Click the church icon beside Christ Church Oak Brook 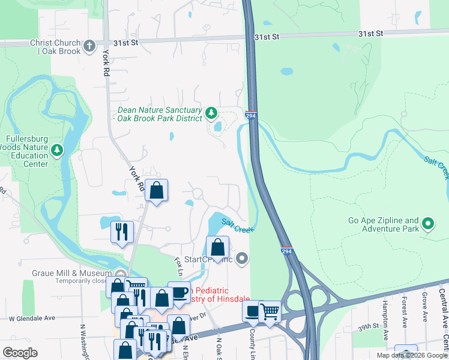click(89, 46)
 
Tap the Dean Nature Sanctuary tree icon click(211, 112)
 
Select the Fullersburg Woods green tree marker click(57, 149)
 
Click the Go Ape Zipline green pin click(427, 224)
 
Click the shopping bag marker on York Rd click(156, 191)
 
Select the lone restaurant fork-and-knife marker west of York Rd click(122, 232)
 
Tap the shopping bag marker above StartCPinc click(217, 247)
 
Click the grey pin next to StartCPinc click(242, 259)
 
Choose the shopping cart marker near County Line click(270, 312)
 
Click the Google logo click(20, 353)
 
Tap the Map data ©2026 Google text click(412, 355)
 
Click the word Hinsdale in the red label click(231, 299)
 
